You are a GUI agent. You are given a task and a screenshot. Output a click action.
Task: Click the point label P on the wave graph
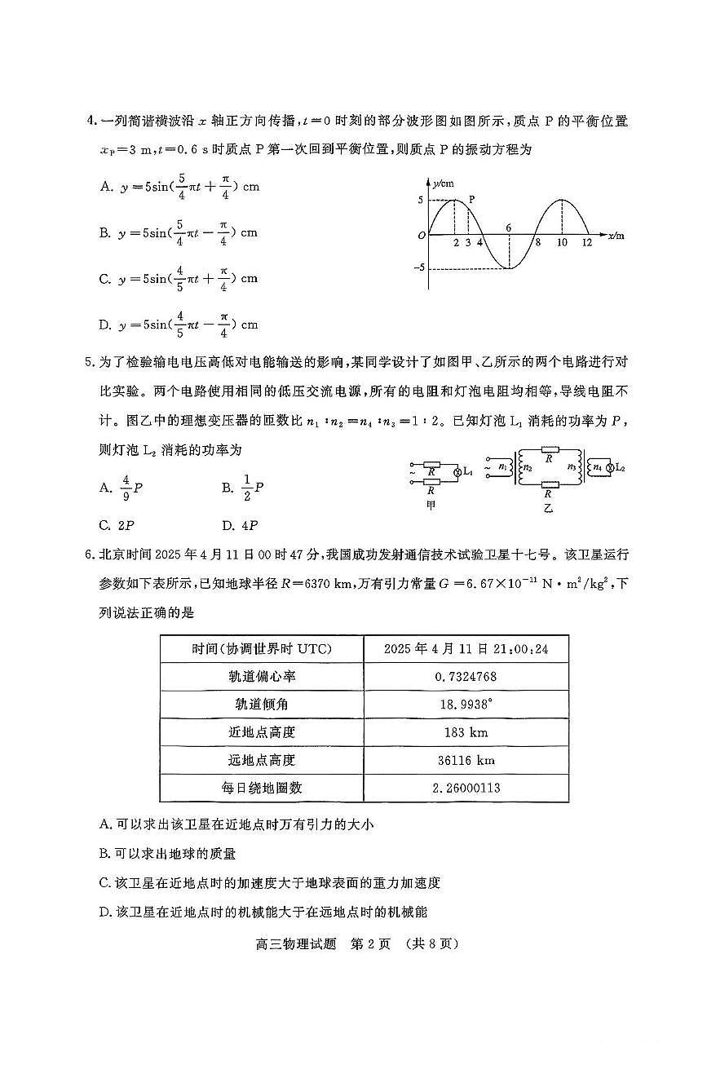point(472,198)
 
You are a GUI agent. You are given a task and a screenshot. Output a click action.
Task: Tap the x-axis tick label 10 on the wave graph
point(562,242)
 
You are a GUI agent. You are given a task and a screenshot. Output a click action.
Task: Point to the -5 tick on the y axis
point(421,268)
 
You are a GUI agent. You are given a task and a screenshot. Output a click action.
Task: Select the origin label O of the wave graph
point(421,236)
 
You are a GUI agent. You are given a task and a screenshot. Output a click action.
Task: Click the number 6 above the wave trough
point(508,228)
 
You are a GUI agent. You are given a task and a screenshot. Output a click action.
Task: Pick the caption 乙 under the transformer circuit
point(548,506)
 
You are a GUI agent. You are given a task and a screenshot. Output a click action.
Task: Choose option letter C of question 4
point(105,279)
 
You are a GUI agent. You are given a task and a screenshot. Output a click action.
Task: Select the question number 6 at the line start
point(90,554)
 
